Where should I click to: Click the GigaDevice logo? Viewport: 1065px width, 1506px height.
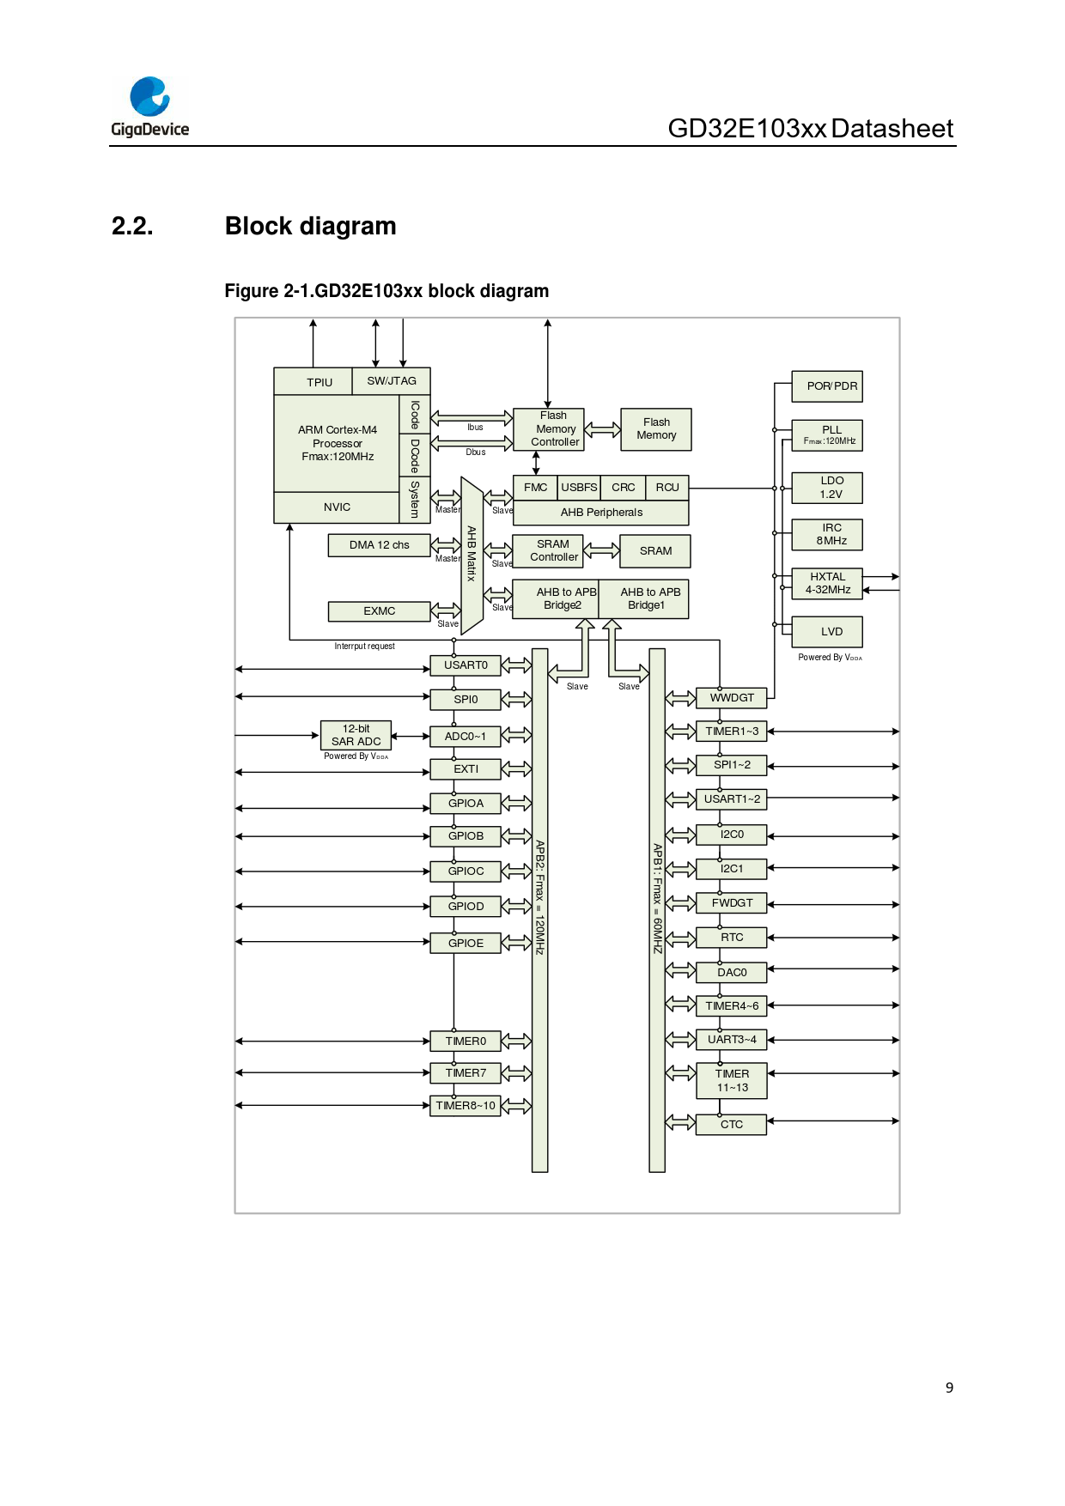point(150,106)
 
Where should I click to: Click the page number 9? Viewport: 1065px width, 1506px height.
point(949,1388)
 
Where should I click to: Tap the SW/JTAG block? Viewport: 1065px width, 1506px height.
point(392,381)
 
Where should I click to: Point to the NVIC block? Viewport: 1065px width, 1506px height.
point(337,507)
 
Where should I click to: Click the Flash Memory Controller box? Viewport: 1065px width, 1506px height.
point(549,429)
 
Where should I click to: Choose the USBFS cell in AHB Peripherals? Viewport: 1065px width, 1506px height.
point(579,488)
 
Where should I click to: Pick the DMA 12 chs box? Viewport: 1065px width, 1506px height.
point(379,545)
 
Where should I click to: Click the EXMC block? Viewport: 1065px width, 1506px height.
point(379,611)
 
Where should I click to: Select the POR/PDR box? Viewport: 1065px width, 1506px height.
point(827,386)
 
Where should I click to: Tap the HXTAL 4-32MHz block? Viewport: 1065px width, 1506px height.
point(827,584)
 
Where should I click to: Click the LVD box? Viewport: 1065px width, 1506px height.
point(827,632)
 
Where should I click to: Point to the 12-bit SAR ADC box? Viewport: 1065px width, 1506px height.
point(356,735)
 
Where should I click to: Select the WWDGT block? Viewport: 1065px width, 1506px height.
point(732,698)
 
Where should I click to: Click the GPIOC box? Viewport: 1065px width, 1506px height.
point(466,871)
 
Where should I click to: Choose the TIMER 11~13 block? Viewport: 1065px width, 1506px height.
point(732,1081)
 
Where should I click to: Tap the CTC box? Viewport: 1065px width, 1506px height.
point(732,1125)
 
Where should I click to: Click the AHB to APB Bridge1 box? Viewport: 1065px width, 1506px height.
point(644,599)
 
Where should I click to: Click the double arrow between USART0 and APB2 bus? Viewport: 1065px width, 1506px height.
point(516,665)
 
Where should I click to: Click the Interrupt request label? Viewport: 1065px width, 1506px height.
point(364,647)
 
